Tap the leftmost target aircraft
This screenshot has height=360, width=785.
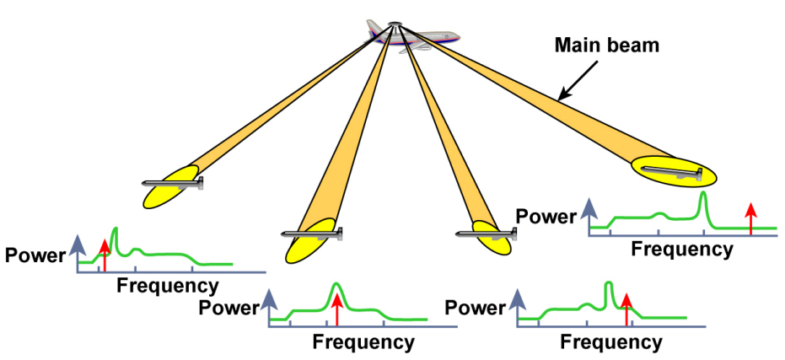point(174,183)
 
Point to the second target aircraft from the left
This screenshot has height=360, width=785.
point(312,233)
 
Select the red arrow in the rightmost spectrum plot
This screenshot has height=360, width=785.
point(750,217)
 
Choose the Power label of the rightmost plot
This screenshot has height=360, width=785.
point(546,217)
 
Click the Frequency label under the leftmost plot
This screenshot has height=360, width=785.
point(167,285)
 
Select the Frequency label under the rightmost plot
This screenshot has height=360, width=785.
point(682,249)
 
